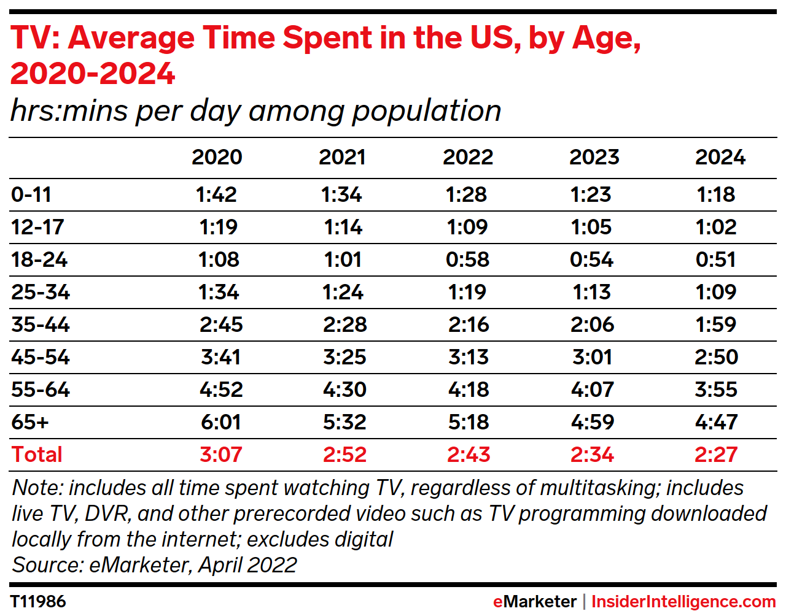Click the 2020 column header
click(x=217, y=157)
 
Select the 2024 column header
click(x=720, y=157)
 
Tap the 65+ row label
click(x=29, y=422)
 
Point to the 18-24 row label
click(x=39, y=259)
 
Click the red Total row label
click(x=37, y=455)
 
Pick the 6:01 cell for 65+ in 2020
click(x=221, y=422)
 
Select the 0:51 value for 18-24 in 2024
click(x=716, y=259)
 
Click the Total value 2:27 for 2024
click(x=716, y=455)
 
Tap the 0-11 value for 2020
click(x=216, y=194)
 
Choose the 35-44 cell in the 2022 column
click(x=468, y=325)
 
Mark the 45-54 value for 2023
click(x=592, y=357)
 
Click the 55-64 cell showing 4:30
click(x=344, y=390)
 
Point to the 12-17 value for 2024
click(x=716, y=227)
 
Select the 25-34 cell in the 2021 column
click(x=343, y=292)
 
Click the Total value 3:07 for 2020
click(x=221, y=455)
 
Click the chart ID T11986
click(x=38, y=601)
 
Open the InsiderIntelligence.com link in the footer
click(x=683, y=602)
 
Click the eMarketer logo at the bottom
click(x=534, y=602)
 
